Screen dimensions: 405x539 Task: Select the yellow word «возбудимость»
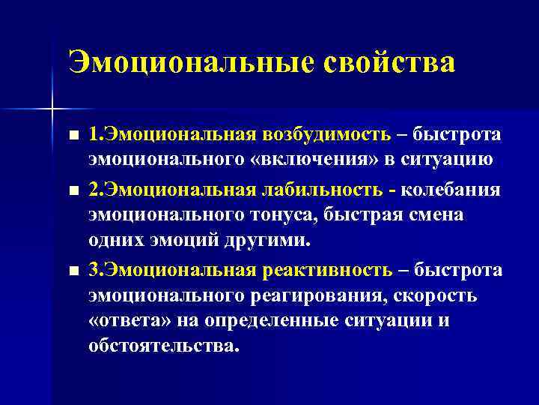326,134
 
